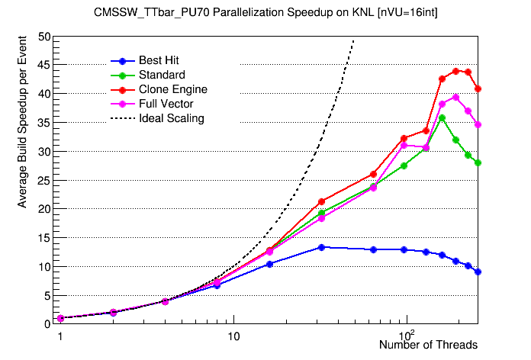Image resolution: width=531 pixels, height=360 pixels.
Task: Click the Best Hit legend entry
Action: click(159, 60)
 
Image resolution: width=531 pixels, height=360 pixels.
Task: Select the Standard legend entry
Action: click(162, 75)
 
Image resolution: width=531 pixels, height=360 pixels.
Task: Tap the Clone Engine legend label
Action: click(173, 89)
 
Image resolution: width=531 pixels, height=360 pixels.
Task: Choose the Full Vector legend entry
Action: click(166, 104)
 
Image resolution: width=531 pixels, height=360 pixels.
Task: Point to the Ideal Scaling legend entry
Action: click(172, 118)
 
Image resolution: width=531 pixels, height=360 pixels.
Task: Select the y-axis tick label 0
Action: click(47, 323)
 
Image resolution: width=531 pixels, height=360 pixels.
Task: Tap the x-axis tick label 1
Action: click(60, 335)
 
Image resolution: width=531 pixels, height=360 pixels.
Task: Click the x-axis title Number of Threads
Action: click(428, 346)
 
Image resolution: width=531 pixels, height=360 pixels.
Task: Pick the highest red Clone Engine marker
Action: click(455, 71)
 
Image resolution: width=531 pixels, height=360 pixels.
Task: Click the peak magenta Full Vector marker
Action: click(455, 97)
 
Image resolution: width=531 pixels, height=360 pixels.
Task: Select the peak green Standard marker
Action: click(442, 117)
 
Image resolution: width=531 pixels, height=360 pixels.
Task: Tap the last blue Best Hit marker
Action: click(478, 272)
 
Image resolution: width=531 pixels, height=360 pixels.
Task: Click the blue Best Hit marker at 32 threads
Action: click(321, 247)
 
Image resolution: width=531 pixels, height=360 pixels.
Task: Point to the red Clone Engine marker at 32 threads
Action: click(321, 201)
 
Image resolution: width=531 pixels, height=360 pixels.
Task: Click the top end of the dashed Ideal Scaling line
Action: click(353, 40)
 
